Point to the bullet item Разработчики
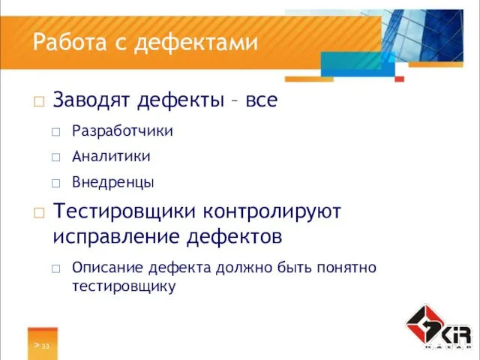[122, 131]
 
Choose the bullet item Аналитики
[111, 157]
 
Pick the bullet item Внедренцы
[113, 182]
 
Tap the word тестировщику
[124, 286]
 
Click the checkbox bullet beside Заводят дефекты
[39, 100]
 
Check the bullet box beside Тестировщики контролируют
[39, 213]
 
